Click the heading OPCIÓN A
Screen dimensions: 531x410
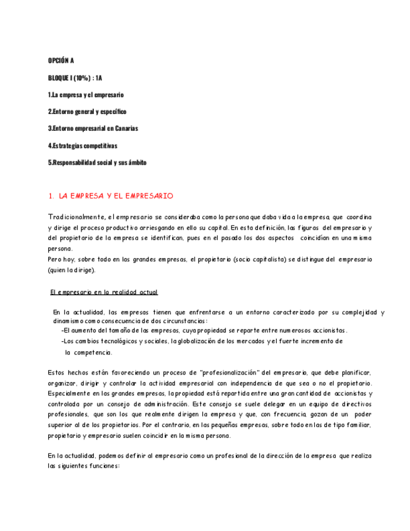[61, 61]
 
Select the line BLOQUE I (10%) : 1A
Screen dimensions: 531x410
[75, 78]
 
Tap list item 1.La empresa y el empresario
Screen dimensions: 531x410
[86, 95]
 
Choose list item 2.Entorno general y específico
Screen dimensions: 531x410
[87, 111]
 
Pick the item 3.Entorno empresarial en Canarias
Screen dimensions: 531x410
[93, 128]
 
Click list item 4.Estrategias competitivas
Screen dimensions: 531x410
[83, 145]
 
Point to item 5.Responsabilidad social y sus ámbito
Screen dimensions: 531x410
[97, 162]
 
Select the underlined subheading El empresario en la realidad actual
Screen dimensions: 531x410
[104, 292]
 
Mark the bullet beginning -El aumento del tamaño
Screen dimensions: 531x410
[204, 331]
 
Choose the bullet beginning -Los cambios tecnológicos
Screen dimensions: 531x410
[202, 341]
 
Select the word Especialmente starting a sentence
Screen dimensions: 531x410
[71, 393]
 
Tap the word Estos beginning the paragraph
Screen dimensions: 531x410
[57, 372]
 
